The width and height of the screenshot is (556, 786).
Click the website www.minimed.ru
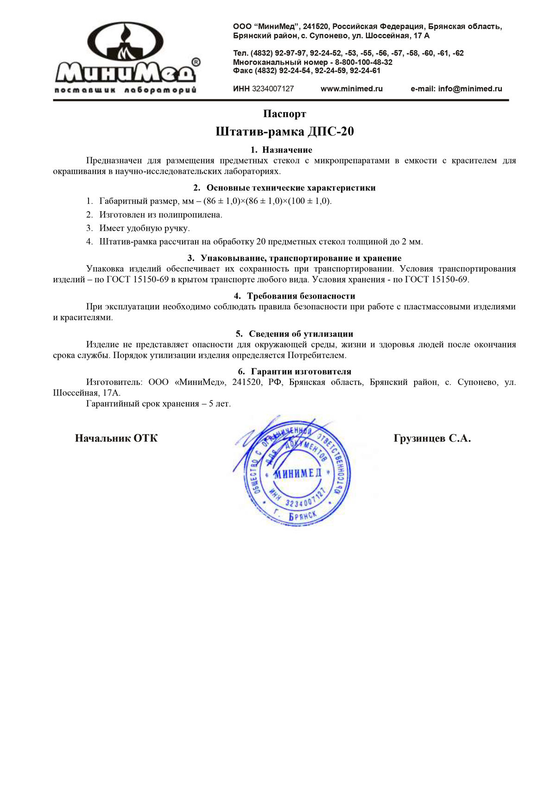point(351,89)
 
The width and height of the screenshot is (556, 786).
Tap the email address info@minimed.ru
point(470,89)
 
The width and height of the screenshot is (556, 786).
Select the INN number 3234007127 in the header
point(273,89)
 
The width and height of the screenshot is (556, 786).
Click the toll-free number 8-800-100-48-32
point(364,62)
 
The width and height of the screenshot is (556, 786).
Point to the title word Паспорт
point(284,114)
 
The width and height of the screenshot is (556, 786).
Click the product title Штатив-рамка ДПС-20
point(284,132)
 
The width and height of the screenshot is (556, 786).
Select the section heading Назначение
point(287,150)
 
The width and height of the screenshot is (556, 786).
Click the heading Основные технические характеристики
point(291,188)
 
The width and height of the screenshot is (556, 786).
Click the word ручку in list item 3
point(177,228)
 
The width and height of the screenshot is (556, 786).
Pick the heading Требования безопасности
point(301,296)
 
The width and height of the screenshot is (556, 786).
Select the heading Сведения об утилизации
point(301,334)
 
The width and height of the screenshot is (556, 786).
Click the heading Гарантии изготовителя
point(301,372)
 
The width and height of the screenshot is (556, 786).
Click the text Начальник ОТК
point(116,439)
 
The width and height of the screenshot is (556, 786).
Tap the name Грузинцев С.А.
point(432,439)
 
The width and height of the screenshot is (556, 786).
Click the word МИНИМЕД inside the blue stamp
point(297,473)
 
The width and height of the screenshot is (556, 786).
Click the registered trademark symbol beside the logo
point(196,62)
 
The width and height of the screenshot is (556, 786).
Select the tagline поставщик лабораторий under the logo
point(126,90)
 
